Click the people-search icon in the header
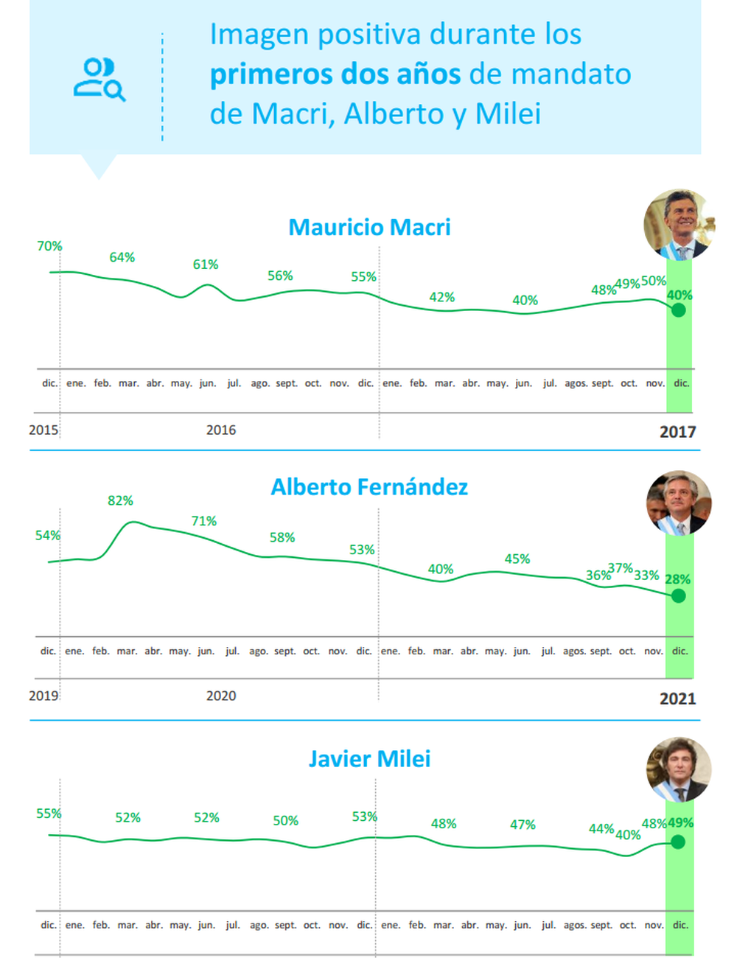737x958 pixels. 99,79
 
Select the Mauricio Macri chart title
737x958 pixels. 369,227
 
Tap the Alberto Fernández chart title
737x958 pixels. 369,487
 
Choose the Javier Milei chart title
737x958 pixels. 369,758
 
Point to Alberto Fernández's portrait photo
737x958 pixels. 679,503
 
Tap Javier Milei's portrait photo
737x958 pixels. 679,770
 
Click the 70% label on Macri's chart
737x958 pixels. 49,246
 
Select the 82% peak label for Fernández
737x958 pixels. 120,501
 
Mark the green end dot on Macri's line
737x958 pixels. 679,310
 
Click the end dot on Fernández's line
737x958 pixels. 679,595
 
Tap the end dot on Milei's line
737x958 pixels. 679,842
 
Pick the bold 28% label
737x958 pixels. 678,579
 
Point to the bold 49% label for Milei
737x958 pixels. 680,823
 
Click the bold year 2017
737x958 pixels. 677,432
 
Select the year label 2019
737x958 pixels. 43,696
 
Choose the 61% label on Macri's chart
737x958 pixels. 206,265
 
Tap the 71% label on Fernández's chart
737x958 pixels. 204,521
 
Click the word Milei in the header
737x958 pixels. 508,114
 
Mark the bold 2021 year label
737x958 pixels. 677,699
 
